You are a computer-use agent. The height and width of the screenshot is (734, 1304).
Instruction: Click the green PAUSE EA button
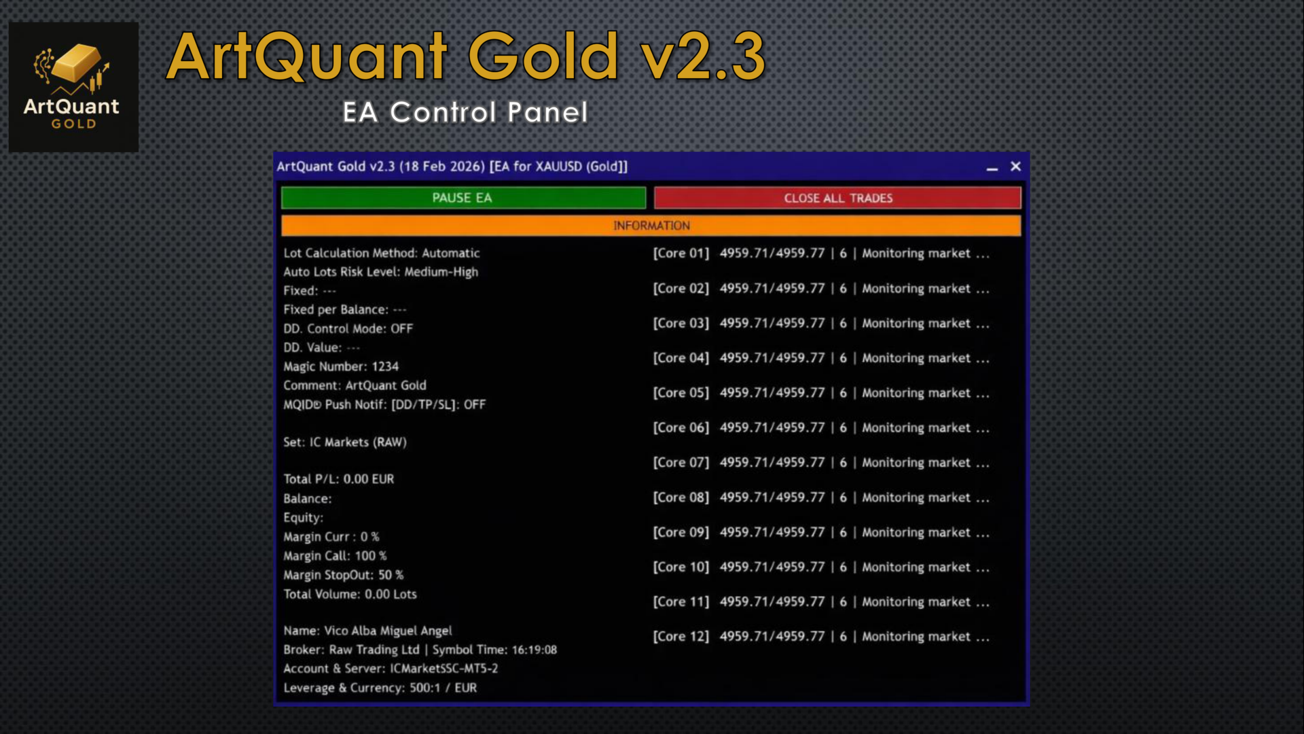[463, 198]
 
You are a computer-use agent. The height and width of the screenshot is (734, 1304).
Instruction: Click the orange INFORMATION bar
[651, 226]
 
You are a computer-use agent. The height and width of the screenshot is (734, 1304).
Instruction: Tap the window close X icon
[1015, 167]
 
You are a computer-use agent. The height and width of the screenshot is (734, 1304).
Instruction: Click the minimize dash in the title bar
[992, 169]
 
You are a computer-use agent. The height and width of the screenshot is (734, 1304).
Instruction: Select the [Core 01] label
[681, 254]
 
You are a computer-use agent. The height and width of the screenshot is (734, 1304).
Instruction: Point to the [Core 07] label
[681, 463]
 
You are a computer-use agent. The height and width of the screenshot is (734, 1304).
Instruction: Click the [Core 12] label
[681, 637]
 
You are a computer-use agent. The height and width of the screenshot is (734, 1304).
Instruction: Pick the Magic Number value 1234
[385, 366]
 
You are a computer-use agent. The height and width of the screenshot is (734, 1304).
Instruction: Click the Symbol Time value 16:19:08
[535, 650]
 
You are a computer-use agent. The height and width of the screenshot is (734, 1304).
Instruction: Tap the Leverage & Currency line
[380, 688]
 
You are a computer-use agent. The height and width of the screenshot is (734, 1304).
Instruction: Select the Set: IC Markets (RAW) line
[345, 442]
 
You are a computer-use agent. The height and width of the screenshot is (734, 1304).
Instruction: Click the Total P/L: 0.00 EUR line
[338, 479]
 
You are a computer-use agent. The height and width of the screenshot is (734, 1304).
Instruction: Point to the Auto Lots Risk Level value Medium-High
[441, 272]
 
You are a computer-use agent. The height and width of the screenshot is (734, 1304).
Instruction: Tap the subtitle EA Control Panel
[465, 112]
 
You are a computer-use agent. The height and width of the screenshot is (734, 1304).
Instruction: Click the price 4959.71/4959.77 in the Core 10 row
[772, 567]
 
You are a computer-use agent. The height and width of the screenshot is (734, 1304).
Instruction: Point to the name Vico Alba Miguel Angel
[388, 631]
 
